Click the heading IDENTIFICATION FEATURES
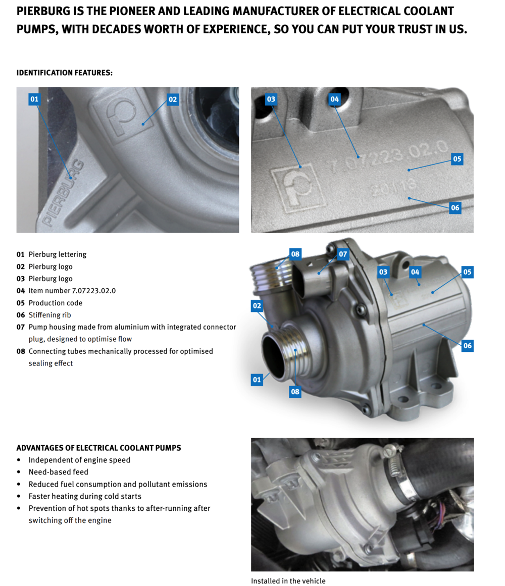[x=64, y=73]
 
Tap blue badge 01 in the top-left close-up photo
[x=34, y=99]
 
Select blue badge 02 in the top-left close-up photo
[x=172, y=99]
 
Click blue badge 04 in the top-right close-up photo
[x=334, y=99]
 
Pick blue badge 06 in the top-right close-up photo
[x=455, y=208]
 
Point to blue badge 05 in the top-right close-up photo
[x=457, y=159]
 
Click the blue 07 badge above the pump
[x=343, y=254]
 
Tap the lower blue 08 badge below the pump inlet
[x=295, y=392]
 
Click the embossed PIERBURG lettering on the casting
[x=63, y=193]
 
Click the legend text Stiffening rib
[x=49, y=315]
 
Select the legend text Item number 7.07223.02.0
[x=72, y=291]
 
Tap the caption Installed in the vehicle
[x=288, y=581]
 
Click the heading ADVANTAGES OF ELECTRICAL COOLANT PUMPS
[x=98, y=448]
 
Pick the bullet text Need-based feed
[x=58, y=472]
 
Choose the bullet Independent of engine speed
[x=80, y=460]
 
